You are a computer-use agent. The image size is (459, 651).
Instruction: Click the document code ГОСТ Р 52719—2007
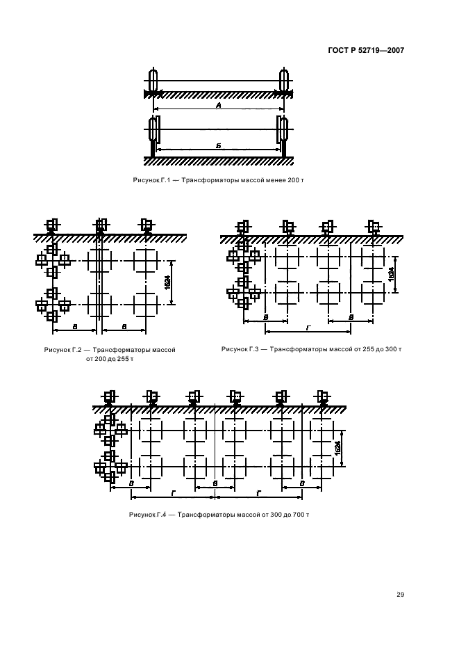coord(366,51)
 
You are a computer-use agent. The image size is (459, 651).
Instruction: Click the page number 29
coord(400,595)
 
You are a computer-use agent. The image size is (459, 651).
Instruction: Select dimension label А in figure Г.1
coord(219,106)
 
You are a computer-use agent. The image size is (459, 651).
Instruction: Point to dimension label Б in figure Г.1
coord(219,146)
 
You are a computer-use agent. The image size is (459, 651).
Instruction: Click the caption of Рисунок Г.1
coord(219,180)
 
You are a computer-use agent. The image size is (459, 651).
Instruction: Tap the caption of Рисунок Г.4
coord(219,515)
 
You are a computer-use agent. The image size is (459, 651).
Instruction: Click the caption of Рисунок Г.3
coord(311,349)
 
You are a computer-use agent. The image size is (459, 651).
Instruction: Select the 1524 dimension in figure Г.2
coord(167,283)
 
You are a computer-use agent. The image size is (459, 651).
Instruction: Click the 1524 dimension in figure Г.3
coord(391,274)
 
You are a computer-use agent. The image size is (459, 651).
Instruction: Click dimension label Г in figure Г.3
coord(308,328)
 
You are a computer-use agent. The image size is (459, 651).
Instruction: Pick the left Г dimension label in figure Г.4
coord(174,493)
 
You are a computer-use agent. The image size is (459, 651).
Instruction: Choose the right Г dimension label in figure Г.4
coord(259,493)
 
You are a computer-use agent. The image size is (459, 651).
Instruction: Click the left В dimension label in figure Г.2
coord(74,327)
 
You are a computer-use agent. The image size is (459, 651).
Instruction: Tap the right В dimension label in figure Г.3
coord(351,317)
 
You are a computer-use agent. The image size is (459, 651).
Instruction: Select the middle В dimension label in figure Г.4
coord(215,483)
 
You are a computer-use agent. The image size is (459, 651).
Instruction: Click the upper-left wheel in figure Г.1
coord(153,80)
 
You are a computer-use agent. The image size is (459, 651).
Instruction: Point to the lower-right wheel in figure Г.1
coord(284,129)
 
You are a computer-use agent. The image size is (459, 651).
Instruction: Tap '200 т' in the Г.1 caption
coord(296,180)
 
